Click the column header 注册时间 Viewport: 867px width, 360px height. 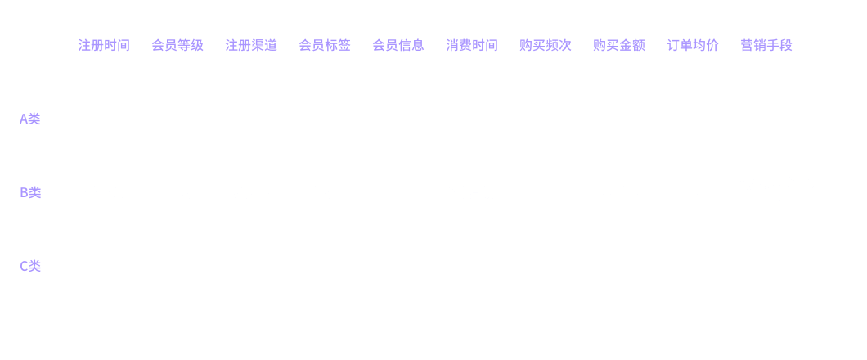click(x=104, y=45)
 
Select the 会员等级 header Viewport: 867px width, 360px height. click(x=177, y=45)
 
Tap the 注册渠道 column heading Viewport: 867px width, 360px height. click(x=251, y=45)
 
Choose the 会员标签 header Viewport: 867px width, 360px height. click(x=325, y=45)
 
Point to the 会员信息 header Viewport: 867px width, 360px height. click(x=398, y=45)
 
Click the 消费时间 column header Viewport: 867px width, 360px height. click(x=472, y=45)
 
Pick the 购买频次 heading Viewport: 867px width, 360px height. click(x=546, y=45)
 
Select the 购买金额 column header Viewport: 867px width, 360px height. click(x=618, y=45)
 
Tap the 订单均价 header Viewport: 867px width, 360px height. click(x=693, y=45)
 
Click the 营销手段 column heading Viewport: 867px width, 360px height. click(x=766, y=45)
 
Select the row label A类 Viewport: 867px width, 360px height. click(x=30, y=119)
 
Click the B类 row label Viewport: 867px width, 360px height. click(x=30, y=192)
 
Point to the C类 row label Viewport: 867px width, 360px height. click(x=30, y=266)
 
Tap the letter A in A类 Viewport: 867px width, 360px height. click(x=23, y=119)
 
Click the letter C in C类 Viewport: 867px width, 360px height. click(x=24, y=266)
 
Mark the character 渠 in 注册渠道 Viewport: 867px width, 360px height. click(x=258, y=45)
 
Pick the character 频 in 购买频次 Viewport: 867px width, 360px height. click(x=552, y=45)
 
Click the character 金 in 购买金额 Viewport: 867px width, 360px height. click(x=626, y=45)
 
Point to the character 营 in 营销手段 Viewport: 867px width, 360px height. click(x=747, y=45)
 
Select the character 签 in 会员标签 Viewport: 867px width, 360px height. click(x=344, y=45)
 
